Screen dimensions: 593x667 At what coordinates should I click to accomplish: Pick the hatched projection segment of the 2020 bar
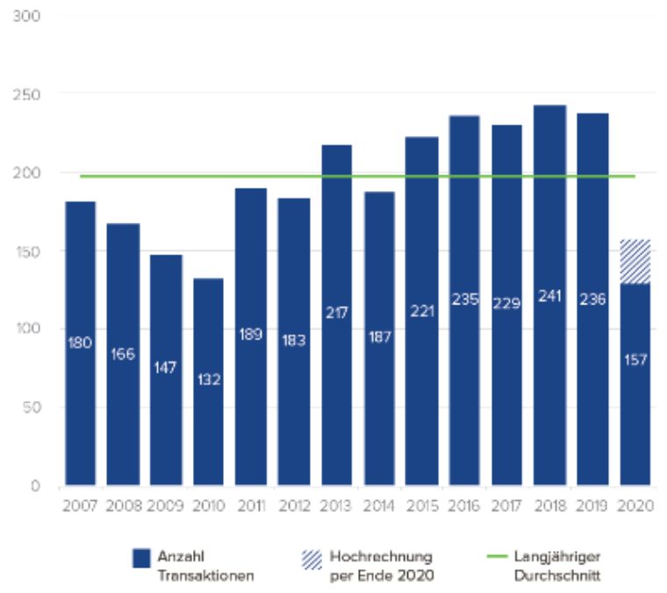point(635,261)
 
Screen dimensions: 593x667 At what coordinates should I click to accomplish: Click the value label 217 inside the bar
point(337,312)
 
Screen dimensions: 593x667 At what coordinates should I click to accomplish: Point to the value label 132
point(208,380)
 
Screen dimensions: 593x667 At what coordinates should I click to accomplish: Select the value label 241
point(550,296)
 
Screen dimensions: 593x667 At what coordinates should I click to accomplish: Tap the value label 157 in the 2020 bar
point(635,360)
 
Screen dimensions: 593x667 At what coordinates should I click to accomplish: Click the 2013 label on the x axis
point(337,505)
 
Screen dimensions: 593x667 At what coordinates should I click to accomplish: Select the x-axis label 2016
point(465,505)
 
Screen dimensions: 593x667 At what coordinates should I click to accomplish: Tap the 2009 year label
point(166,505)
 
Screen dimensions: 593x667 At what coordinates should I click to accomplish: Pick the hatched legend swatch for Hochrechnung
point(312,558)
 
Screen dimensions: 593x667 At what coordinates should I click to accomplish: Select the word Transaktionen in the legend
point(205,575)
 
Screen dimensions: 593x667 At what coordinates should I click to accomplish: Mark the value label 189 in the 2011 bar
point(251,334)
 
